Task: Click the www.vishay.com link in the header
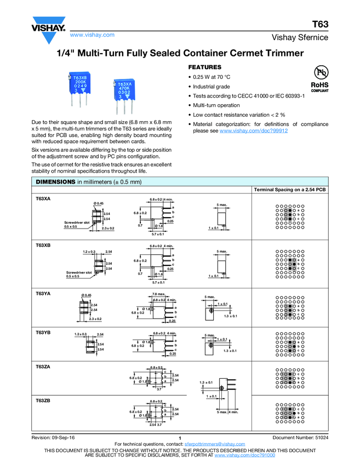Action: point(92,35)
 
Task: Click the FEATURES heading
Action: point(205,66)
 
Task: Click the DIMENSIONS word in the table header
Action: point(55,181)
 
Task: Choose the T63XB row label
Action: point(43,245)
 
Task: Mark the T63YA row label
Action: point(43,293)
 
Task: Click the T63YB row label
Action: point(43,332)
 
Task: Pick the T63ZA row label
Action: point(43,366)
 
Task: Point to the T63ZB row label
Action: point(43,401)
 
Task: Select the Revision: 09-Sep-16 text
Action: point(53,437)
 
